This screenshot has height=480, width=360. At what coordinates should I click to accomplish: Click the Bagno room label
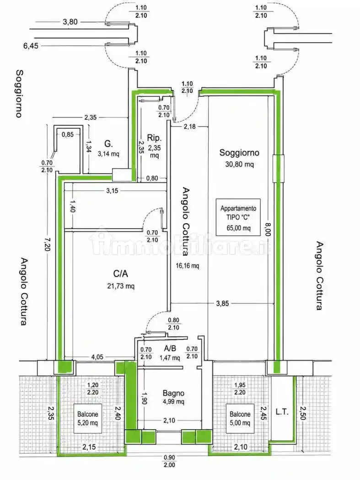[173, 393]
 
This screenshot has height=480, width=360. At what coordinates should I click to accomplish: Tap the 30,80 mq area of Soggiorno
[239, 165]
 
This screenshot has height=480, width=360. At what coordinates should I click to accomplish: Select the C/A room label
[120, 273]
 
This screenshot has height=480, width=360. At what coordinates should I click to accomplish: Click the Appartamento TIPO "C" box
[238, 217]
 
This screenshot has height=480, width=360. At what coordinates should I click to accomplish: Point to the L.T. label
[282, 412]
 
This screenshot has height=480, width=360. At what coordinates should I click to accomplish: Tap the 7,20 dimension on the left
[47, 245]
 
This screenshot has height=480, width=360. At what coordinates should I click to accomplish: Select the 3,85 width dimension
[222, 304]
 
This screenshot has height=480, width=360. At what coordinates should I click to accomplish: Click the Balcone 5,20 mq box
[88, 418]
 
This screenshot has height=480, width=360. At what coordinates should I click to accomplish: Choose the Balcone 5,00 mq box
[240, 418]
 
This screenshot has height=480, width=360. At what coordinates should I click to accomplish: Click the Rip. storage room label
[154, 138]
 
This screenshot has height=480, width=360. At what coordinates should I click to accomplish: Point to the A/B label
[170, 348]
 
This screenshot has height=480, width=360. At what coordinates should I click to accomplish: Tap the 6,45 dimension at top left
[31, 46]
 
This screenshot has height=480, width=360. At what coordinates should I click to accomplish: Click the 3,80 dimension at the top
[70, 22]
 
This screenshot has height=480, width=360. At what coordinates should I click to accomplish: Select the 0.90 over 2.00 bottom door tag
[169, 461]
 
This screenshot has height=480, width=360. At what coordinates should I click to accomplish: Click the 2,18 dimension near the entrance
[190, 126]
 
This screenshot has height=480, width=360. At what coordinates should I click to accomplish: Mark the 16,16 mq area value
[187, 266]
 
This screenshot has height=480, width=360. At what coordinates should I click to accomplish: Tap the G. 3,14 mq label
[108, 149]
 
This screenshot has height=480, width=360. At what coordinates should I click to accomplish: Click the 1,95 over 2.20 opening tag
[240, 389]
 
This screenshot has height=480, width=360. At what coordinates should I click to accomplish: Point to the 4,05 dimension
[97, 357]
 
